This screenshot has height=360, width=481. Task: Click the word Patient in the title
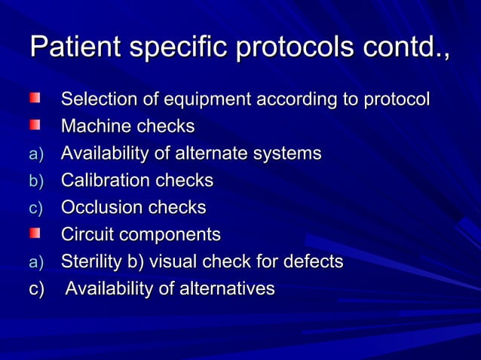(x=75, y=47)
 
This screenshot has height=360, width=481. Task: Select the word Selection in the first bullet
(x=95, y=99)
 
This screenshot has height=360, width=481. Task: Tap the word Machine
(x=92, y=127)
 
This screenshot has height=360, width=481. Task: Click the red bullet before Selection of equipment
(x=35, y=99)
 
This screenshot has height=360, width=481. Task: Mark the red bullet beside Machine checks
(x=35, y=126)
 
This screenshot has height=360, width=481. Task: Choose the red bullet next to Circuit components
(x=35, y=234)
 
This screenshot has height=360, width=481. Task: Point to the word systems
(x=290, y=154)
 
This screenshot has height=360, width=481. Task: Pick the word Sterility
(x=90, y=262)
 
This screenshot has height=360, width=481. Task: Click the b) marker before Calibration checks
(x=37, y=182)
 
